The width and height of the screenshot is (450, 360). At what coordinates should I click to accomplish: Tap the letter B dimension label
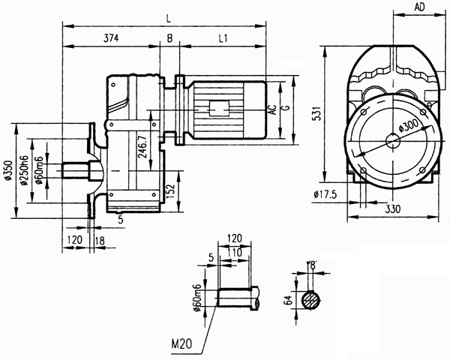pos(170,37)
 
